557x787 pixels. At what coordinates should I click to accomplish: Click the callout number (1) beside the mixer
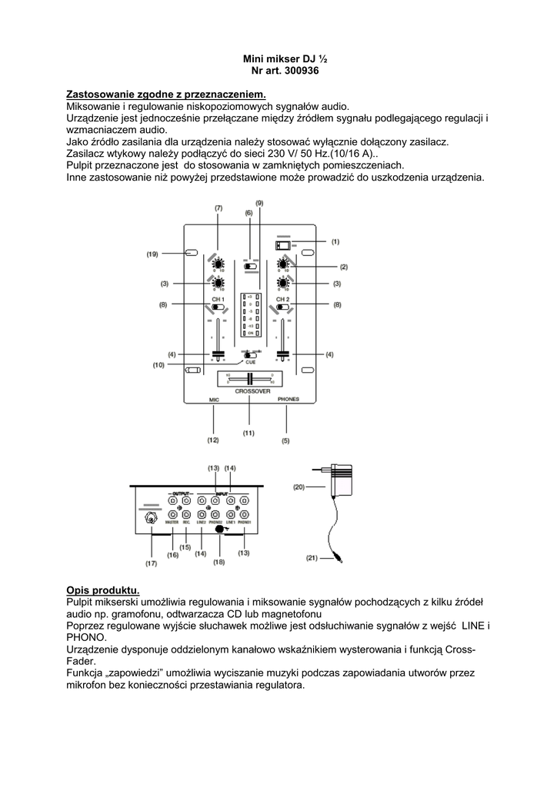(335, 241)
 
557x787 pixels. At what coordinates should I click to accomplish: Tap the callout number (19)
(152, 254)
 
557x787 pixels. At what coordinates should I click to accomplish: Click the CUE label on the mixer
(251, 360)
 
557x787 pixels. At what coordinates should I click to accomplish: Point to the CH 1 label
(218, 298)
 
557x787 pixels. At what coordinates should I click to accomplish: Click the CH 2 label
(282, 298)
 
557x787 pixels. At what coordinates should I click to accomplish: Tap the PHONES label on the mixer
(289, 400)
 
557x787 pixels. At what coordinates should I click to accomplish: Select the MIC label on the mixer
(214, 400)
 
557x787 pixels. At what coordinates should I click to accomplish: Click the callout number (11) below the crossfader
(248, 433)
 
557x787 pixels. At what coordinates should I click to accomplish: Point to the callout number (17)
(151, 563)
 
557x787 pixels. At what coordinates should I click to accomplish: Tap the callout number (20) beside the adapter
(299, 486)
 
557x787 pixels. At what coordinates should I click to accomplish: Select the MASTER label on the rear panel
(172, 522)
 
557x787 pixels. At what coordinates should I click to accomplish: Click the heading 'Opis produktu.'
(102, 589)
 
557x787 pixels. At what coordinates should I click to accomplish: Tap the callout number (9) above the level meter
(259, 202)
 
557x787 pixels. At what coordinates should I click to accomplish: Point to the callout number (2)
(344, 267)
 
